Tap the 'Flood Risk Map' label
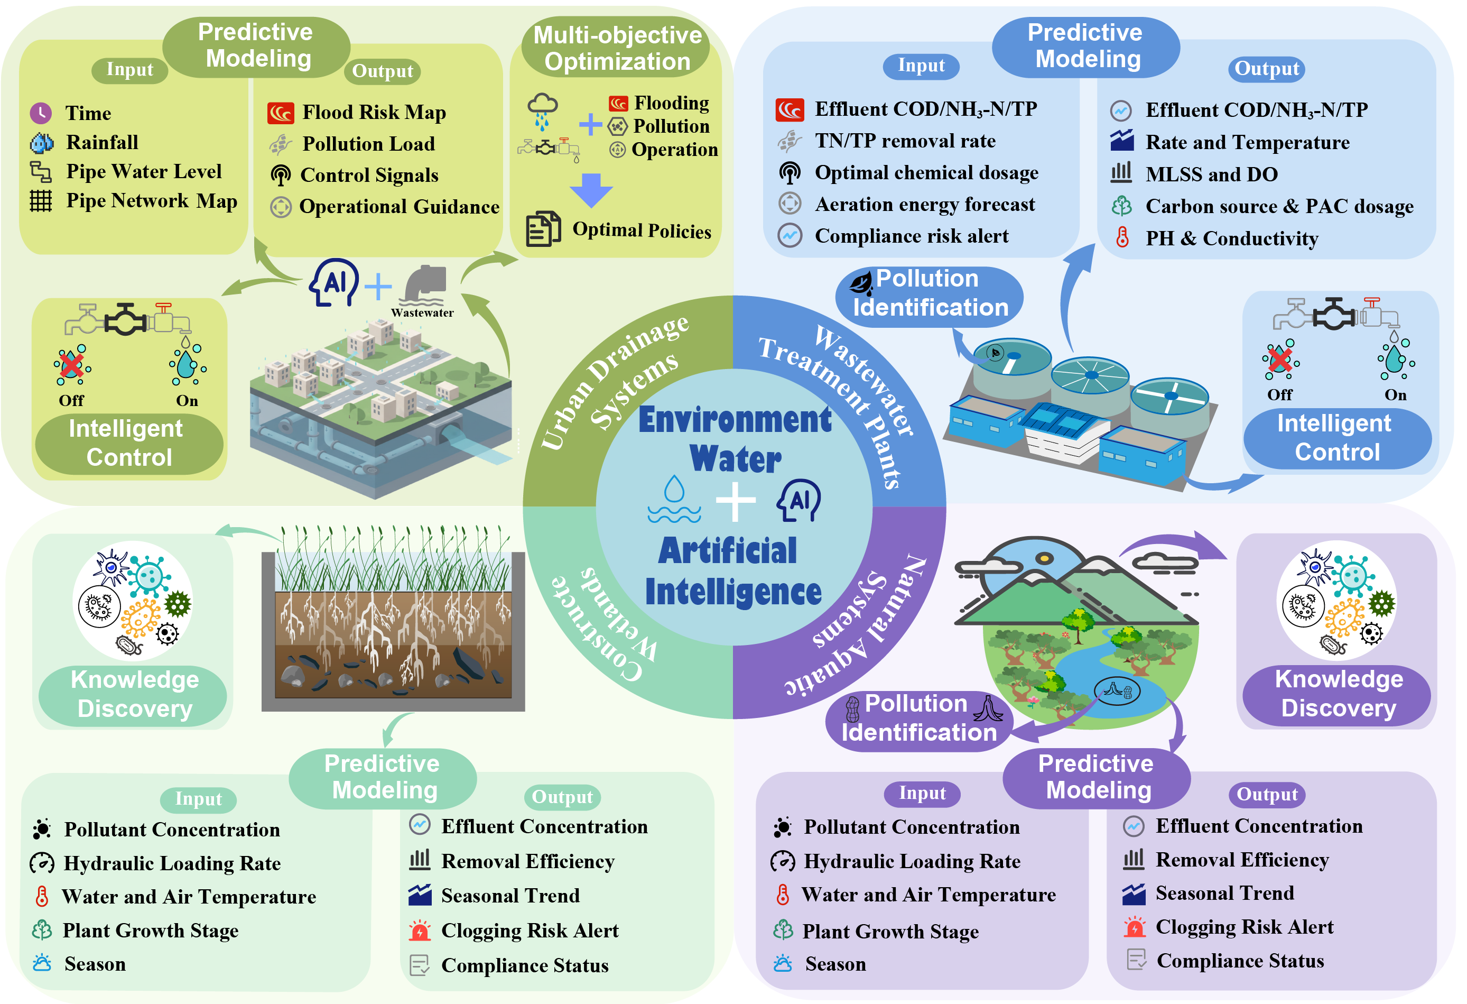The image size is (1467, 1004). coord(374,113)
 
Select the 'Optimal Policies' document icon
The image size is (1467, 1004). coord(542,228)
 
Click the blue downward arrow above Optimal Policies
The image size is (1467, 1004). coord(591,189)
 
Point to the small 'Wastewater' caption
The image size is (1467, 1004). coord(422,312)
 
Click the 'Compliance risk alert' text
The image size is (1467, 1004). coord(911,236)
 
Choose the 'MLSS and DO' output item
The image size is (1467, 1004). coord(1211,174)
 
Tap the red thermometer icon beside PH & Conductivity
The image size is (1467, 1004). coord(1122,237)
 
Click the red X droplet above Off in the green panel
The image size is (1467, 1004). coord(72,365)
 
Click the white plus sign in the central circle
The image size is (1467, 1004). coord(736,502)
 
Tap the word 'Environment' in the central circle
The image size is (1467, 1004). coord(735,420)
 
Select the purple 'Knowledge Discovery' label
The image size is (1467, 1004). coord(1338,693)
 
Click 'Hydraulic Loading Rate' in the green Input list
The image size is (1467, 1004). coord(172,863)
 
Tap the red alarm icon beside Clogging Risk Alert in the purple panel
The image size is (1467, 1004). coord(1135,927)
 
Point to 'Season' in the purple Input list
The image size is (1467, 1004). coord(834,964)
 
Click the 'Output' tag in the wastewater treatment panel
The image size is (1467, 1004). coord(1266,69)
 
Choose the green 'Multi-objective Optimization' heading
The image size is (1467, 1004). coord(617,48)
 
